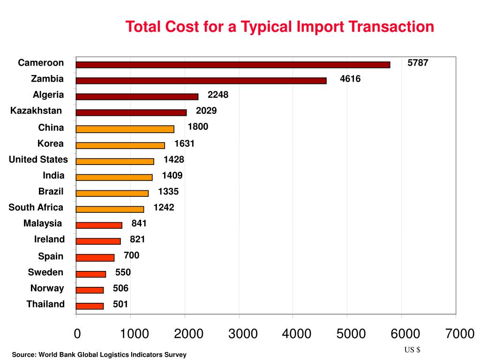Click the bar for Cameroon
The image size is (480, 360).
pos(233,65)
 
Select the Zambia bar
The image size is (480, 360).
pos(201,81)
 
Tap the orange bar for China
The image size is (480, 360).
pos(125,129)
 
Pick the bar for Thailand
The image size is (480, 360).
pos(90,306)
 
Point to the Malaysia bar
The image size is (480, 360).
pos(99,225)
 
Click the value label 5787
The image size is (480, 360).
pos(418,63)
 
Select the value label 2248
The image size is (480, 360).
pos(218,95)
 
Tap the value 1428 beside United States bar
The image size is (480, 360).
pos(174,160)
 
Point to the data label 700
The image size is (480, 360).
pos(131,255)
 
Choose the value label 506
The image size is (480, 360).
pos(120,288)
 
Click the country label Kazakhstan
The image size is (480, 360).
pos(36,111)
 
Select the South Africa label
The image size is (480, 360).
pos(36,207)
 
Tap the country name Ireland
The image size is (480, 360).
pos(49,240)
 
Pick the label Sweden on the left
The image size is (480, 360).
pos(45,272)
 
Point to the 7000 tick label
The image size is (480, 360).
pos(460,334)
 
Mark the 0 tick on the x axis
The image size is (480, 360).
pos(77,334)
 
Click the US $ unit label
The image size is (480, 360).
pos(412,350)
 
